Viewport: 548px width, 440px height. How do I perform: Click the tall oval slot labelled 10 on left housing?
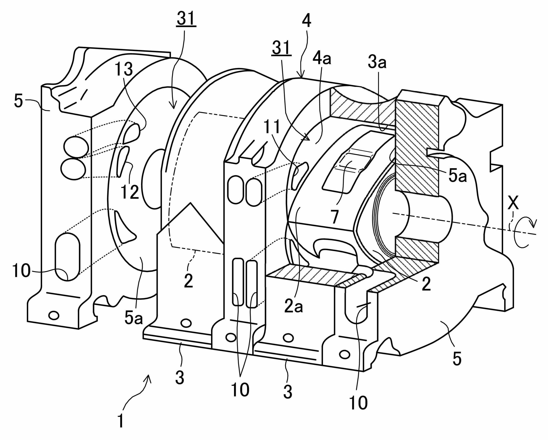[x=67, y=257]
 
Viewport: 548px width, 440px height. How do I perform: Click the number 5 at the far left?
[x=18, y=102]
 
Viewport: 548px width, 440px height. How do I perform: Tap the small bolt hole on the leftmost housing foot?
[x=54, y=316]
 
